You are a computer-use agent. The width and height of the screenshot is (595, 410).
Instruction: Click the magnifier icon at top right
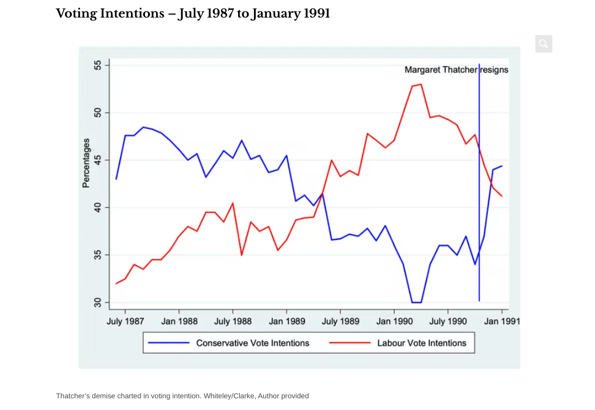(x=544, y=44)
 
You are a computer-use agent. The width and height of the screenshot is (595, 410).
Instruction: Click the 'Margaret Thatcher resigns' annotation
(x=456, y=70)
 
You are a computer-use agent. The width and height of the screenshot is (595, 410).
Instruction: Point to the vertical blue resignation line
(x=479, y=175)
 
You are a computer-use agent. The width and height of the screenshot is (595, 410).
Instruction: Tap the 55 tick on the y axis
(x=98, y=65)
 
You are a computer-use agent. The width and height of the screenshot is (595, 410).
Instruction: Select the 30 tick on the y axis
(x=98, y=302)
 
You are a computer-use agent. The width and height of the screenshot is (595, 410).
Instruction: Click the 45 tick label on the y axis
(x=98, y=160)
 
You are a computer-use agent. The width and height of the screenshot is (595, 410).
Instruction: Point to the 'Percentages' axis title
(x=86, y=163)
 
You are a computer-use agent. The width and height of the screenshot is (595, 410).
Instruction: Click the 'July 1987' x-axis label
(x=125, y=321)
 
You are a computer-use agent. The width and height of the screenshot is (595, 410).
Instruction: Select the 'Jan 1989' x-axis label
(x=287, y=321)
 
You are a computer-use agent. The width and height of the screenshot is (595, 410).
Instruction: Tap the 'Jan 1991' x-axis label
(x=502, y=321)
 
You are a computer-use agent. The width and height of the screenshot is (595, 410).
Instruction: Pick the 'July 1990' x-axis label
(x=448, y=321)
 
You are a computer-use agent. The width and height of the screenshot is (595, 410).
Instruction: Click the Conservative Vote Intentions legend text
(x=253, y=343)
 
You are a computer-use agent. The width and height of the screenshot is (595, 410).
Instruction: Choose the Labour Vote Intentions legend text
(x=422, y=343)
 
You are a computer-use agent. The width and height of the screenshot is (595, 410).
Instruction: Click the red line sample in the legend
(x=350, y=343)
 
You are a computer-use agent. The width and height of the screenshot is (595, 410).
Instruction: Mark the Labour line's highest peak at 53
(x=421, y=84)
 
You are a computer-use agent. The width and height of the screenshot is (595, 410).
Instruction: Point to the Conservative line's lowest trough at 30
(x=417, y=302)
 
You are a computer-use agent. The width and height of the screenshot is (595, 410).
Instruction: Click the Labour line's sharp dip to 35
(x=242, y=255)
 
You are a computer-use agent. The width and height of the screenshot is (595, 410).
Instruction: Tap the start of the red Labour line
(x=116, y=283)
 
